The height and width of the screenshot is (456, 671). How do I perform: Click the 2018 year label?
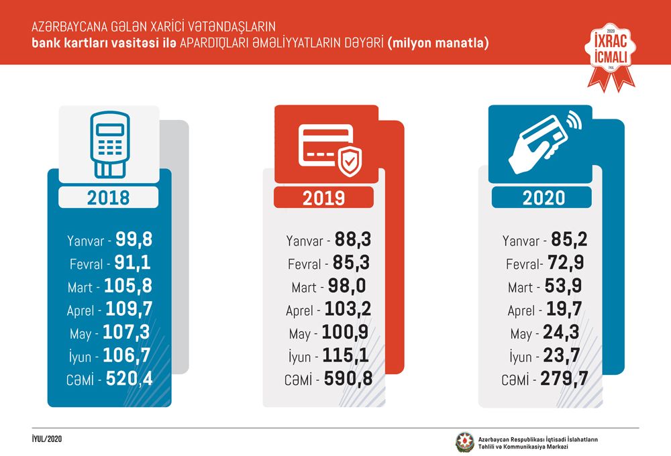pos(108,198)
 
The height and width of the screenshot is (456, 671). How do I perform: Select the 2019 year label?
pos(323,198)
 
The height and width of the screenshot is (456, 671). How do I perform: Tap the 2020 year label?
pos(544,198)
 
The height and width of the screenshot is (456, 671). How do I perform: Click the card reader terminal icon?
pos(109,145)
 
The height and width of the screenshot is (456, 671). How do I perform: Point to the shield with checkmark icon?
pos(350,161)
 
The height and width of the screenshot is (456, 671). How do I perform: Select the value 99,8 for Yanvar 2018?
pos(134,239)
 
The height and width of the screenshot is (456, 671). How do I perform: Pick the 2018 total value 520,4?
pos(129,379)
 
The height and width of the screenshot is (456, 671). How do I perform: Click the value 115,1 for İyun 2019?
pos(346,355)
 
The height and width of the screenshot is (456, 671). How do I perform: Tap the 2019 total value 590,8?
pos(348,379)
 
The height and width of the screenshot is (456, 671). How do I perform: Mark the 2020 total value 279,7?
pos(564,379)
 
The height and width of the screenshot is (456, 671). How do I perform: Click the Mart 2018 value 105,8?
pos(128,286)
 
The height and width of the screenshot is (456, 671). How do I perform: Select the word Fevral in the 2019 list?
pos(304,264)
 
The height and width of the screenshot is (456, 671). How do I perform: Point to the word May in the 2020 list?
pos(521,334)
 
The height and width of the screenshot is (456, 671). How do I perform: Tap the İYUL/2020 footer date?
pos(47,439)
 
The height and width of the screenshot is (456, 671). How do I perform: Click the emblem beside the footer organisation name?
pos(464,443)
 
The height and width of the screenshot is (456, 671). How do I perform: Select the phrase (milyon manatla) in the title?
pos(437,43)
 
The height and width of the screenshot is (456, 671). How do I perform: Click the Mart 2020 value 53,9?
pos(563,286)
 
